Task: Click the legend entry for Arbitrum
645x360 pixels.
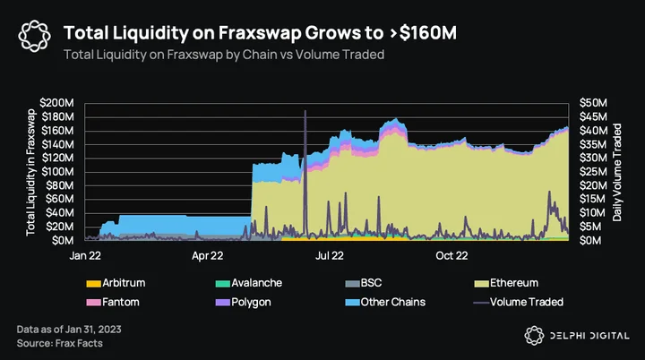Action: pyautogui.click(x=116, y=283)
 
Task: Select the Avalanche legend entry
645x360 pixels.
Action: pyautogui.click(x=249, y=283)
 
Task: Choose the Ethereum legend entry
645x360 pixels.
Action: pyautogui.click(x=506, y=283)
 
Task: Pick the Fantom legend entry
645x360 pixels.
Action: pyautogui.click(x=113, y=302)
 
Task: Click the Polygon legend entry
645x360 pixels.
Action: pyautogui.click(x=244, y=303)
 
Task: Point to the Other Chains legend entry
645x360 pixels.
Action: pyautogui.click(x=385, y=302)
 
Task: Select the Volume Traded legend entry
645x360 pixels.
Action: pyautogui.click(x=519, y=302)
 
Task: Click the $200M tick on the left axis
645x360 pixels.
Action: pyautogui.click(x=56, y=103)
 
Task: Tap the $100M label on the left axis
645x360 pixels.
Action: pyautogui.click(x=57, y=172)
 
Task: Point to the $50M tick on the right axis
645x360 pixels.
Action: pyautogui.click(x=593, y=103)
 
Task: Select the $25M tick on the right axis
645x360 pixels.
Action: pyautogui.click(x=593, y=172)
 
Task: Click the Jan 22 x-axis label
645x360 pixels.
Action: pyautogui.click(x=85, y=255)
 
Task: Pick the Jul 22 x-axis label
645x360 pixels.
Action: pyautogui.click(x=330, y=255)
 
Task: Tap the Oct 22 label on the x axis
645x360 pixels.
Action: pyautogui.click(x=451, y=255)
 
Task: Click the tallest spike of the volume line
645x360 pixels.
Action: pyautogui.click(x=305, y=111)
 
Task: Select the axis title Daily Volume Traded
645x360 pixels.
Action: pyautogui.click(x=616, y=173)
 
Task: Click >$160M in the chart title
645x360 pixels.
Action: pyautogui.click(x=423, y=33)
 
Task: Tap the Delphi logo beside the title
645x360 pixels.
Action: pyautogui.click(x=35, y=36)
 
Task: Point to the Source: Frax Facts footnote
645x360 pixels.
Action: pyautogui.click(x=60, y=343)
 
